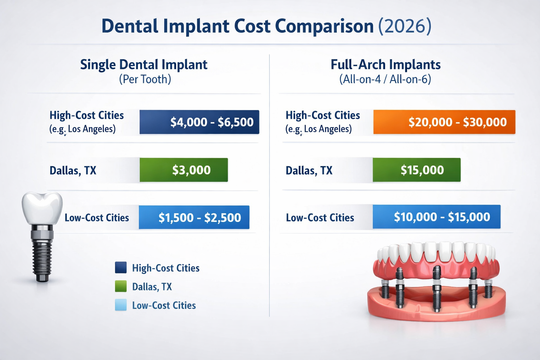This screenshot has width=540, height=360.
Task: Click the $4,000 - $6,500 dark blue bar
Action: click(199, 122)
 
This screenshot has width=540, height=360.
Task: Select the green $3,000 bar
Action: click(184, 170)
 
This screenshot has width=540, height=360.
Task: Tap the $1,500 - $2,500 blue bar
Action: click(194, 217)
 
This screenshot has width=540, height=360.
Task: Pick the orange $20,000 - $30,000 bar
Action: click(444, 122)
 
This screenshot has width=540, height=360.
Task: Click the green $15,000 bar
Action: click(417, 170)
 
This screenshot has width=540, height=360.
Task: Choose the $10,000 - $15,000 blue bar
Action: click(436, 217)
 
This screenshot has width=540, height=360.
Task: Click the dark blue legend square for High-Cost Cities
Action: click(121, 268)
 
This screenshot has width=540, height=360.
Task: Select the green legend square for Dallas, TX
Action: click(121, 286)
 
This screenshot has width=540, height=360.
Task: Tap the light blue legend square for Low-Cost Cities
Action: click(121, 305)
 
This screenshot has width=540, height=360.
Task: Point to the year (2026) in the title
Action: click(405, 26)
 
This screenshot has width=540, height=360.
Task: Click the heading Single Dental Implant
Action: click(144, 65)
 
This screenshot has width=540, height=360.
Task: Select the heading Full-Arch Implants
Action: click(385, 65)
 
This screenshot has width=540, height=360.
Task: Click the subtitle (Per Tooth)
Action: click(145, 79)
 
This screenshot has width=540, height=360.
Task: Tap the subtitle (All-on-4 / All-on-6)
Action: click(385, 79)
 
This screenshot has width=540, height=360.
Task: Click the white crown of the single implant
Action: click(42, 207)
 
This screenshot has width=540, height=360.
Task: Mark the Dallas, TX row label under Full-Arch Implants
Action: click(309, 171)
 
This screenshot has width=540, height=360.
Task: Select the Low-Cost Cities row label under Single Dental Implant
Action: click(97, 218)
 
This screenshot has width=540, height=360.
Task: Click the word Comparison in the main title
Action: click(324, 27)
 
